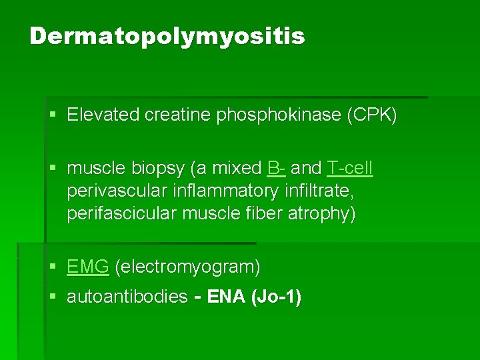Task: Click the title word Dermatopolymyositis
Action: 167,36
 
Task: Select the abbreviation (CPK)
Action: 371,115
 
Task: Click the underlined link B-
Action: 277,168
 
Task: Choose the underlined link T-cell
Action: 350,168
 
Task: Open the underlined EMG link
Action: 87,267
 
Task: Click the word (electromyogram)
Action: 188,267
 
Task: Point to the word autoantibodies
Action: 127,297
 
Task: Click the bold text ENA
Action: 227,297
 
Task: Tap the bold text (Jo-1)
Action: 276,297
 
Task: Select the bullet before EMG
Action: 53,267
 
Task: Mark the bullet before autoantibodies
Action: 53,297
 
